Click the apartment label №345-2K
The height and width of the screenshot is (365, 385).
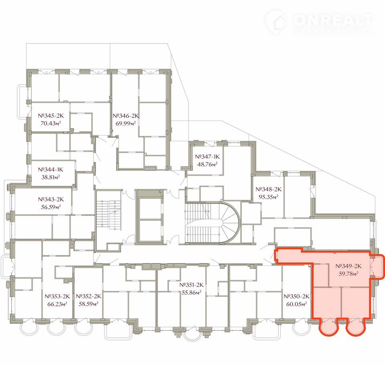pyautogui.click(x=51, y=116)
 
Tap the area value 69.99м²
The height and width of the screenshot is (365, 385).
pyautogui.click(x=126, y=123)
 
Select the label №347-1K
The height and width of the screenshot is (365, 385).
pyautogui.click(x=207, y=156)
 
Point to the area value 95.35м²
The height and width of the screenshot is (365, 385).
pyautogui.click(x=268, y=197)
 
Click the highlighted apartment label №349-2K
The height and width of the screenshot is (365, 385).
pyautogui.click(x=349, y=266)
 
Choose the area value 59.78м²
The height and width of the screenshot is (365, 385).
pyautogui.click(x=349, y=274)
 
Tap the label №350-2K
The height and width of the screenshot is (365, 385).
pyautogui.click(x=297, y=296)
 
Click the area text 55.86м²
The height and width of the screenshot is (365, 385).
pyautogui.click(x=192, y=292)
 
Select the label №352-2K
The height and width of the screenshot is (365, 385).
pyautogui.click(x=88, y=296)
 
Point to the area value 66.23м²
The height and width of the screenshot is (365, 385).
pyautogui.click(x=57, y=304)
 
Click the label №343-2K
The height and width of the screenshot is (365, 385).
pyautogui.click(x=51, y=199)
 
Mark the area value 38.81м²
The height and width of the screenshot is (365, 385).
pyautogui.click(x=51, y=177)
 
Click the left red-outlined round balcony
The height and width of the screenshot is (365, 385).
pyautogui.click(x=329, y=327)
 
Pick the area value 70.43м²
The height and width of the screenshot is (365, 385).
pyautogui.click(x=51, y=123)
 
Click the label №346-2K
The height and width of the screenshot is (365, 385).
pyautogui.click(x=126, y=116)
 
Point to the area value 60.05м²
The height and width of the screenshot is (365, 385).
pyautogui.click(x=297, y=304)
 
